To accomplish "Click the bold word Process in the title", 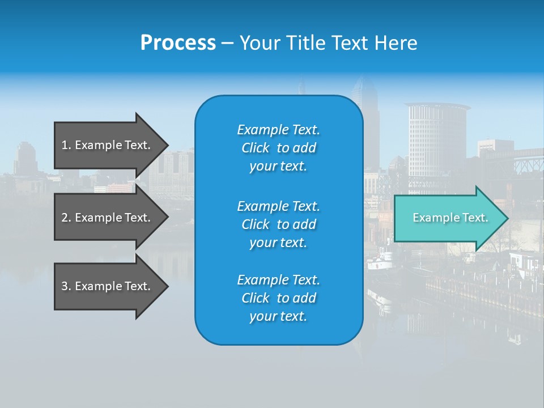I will [x=178, y=43].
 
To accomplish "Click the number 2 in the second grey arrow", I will [x=65, y=218].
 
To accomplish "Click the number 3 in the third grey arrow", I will [x=65, y=286].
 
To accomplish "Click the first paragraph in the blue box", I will [x=278, y=148].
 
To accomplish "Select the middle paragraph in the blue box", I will [x=278, y=224].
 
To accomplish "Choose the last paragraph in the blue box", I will [x=278, y=298].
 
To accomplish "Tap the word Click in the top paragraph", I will [x=256, y=148].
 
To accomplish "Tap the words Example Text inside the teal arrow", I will [x=450, y=218].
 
